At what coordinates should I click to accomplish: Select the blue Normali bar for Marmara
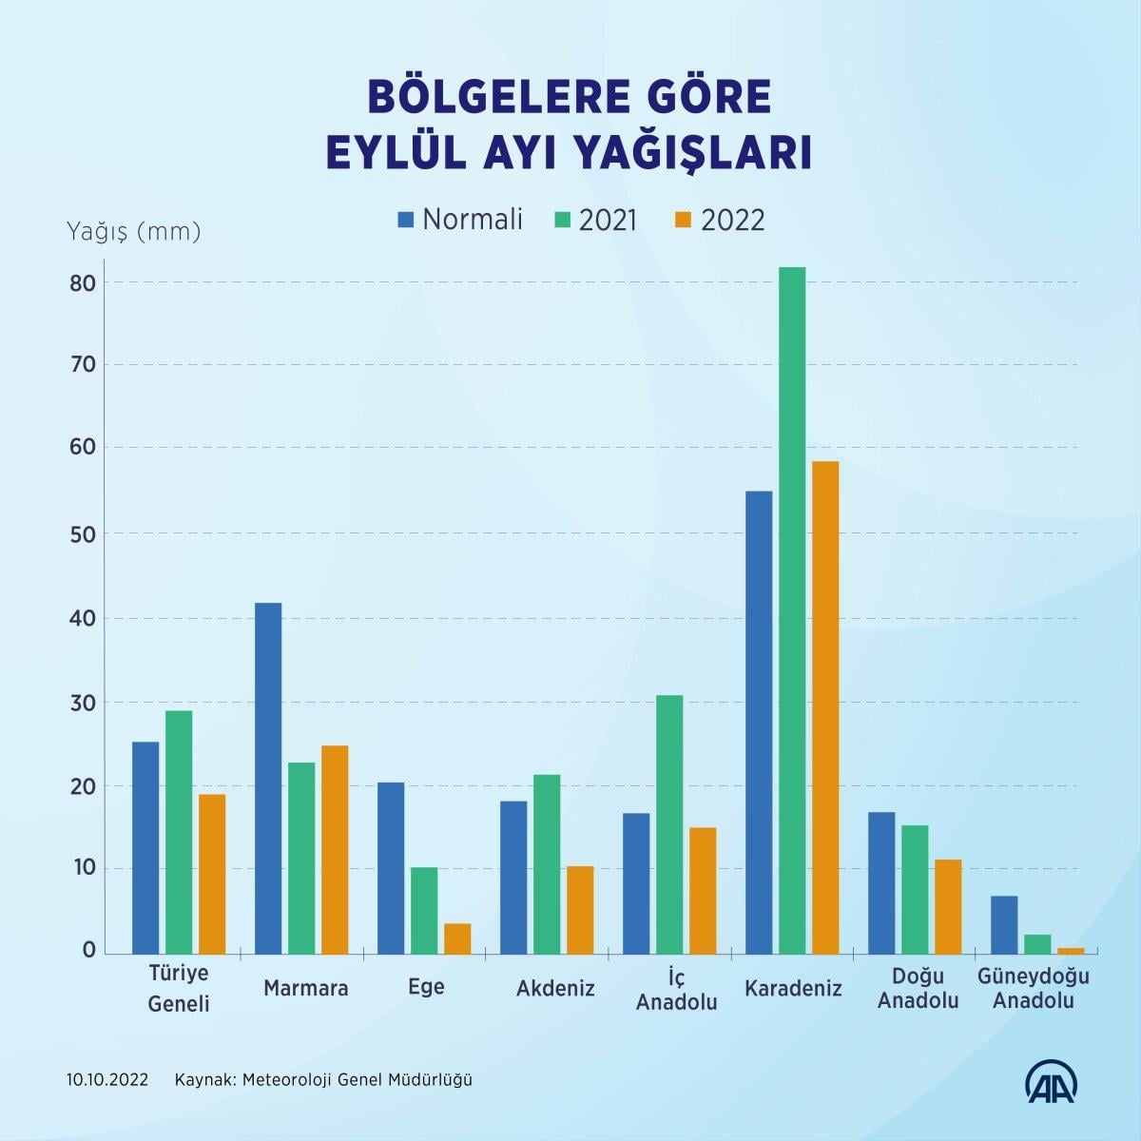coord(268,778)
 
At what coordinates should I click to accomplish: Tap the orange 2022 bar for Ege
coord(457,938)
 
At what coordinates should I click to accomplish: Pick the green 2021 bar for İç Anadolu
coord(669,823)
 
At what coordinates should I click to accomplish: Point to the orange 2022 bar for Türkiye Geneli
coord(212,873)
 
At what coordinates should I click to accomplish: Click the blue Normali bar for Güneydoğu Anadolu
coord(1004,924)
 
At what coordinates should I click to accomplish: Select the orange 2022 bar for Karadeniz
coord(825,706)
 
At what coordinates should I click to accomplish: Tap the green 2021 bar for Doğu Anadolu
coord(915,889)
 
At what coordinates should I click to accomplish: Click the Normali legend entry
coord(461,220)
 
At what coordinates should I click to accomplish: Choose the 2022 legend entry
coord(720,220)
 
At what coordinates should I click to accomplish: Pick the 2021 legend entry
coord(596,220)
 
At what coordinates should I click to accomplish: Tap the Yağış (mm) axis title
coord(133,231)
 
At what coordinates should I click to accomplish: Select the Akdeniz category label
coord(555,988)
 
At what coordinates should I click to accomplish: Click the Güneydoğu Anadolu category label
coord(1033,989)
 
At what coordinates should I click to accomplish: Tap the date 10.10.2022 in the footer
coord(107,1080)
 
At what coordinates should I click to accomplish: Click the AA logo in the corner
coord(1049,1079)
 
